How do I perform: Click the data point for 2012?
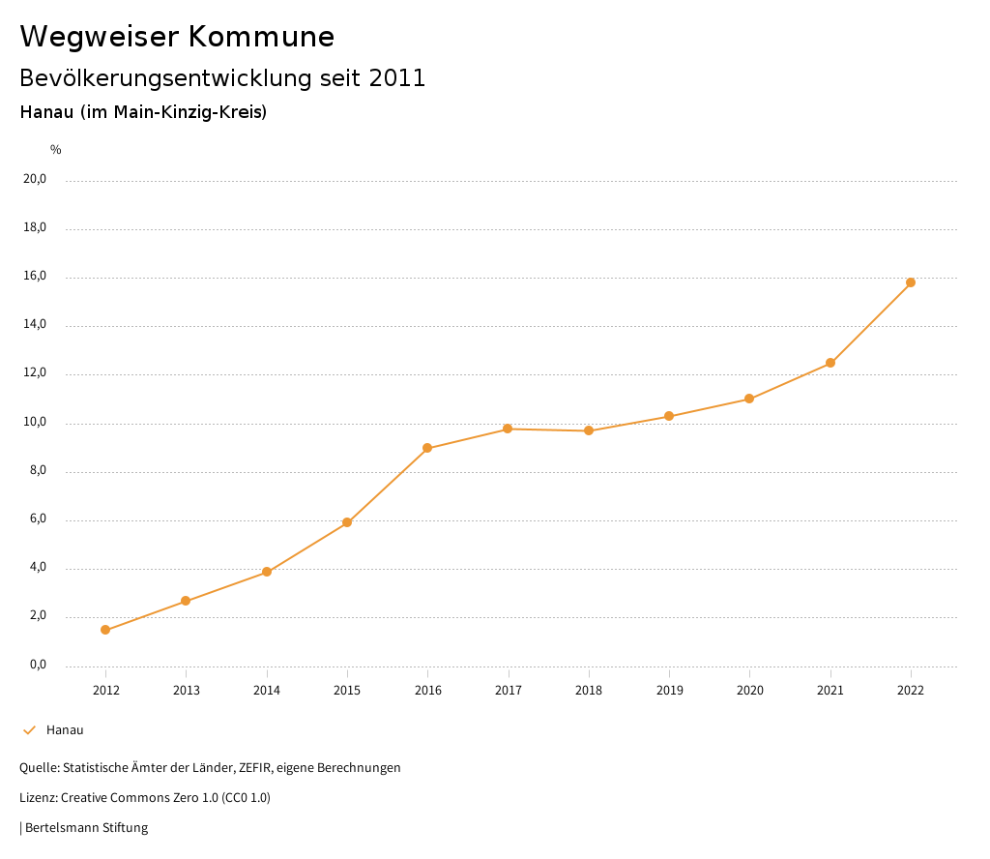(x=105, y=631)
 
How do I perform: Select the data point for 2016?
(x=427, y=449)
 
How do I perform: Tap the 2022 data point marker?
(x=911, y=282)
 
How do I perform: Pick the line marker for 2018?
(x=589, y=430)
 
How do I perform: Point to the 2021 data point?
(x=830, y=363)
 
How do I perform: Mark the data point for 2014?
(x=267, y=573)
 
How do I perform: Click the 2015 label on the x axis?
(x=347, y=691)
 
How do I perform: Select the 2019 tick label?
(x=669, y=691)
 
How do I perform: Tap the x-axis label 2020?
(x=750, y=691)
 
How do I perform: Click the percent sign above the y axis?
(x=56, y=150)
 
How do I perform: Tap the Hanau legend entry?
(x=65, y=730)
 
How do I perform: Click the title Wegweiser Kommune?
(x=177, y=37)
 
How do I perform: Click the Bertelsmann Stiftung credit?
(x=85, y=828)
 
